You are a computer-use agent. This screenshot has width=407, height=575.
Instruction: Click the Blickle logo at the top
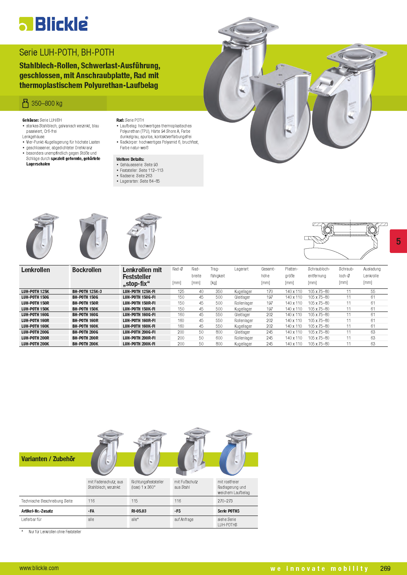click(54, 24)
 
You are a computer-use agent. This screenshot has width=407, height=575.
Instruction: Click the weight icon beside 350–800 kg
click(25, 103)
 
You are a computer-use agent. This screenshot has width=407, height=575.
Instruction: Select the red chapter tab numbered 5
click(398, 241)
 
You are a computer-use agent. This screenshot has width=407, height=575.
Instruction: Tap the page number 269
click(385, 568)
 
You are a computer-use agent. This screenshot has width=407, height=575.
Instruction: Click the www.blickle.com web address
click(39, 568)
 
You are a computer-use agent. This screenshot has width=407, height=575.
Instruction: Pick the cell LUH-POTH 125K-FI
click(139, 292)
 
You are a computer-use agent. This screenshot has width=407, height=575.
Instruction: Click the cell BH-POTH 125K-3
click(87, 292)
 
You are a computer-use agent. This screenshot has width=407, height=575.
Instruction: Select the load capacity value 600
click(219, 338)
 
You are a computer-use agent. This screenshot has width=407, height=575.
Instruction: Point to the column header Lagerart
click(241, 269)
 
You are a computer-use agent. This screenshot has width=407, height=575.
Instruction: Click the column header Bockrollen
click(87, 270)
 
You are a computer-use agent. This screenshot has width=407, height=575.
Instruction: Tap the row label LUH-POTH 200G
click(35, 332)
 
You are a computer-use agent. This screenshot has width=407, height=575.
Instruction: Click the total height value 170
click(269, 292)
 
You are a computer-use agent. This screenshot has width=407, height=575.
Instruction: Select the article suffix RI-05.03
click(139, 511)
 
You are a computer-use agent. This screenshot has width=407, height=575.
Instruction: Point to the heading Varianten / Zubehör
click(48, 459)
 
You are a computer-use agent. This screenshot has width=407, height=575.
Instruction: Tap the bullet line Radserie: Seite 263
click(136, 176)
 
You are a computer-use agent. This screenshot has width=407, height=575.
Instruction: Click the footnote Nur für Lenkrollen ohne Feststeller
click(55, 532)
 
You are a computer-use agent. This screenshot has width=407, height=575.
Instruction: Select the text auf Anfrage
click(184, 519)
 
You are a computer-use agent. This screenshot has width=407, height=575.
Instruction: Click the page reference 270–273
click(225, 501)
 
